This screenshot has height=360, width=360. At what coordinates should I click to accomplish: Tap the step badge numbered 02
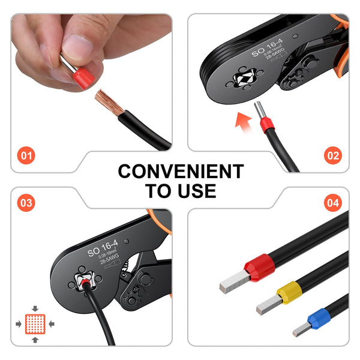tap(333, 157)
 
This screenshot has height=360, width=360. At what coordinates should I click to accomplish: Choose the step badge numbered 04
tap(332, 203)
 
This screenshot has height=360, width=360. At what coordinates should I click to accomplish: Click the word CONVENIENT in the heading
tap(181, 172)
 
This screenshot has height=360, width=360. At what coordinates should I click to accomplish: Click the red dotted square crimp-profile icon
tap(35, 324)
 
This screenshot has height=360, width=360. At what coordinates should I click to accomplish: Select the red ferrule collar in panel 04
tap(259, 266)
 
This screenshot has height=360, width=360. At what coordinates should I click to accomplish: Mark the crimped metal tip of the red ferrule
tap(233, 280)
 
